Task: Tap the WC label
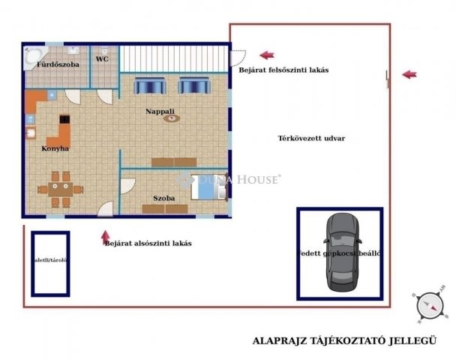(103, 58)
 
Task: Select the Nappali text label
(160, 111)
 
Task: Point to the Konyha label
(55, 148)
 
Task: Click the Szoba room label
(164, 198)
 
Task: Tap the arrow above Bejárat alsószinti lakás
(106, 236)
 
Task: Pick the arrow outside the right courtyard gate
(409, 74)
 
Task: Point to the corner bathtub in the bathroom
(34, 55)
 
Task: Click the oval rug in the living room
(172, 118)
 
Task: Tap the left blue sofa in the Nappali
(148, 85)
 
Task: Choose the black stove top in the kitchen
(64, 119)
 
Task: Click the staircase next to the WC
(174, 58)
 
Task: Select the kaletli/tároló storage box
(50, 263)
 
